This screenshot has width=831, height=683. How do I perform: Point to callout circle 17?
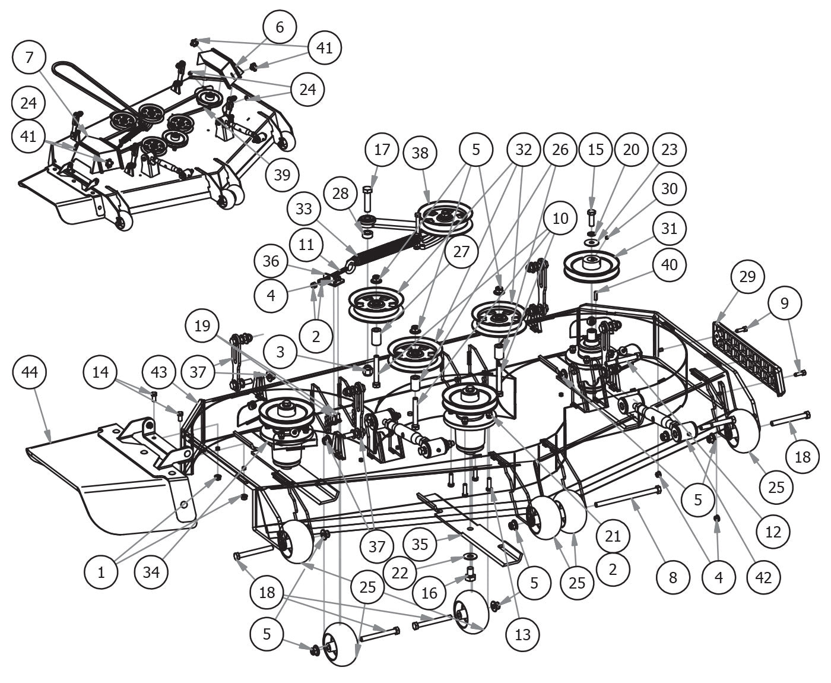tap(382, 149)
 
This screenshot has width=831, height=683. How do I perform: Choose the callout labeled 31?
tap(669, 228)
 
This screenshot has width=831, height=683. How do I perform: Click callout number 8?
tap(673, 576)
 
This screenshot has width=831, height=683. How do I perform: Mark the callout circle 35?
tap(420, 545)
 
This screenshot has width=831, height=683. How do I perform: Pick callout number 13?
tap(522, 634)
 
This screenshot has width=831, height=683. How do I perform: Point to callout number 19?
tap(202, 326)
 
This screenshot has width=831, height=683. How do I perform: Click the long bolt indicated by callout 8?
tap(629, 496)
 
